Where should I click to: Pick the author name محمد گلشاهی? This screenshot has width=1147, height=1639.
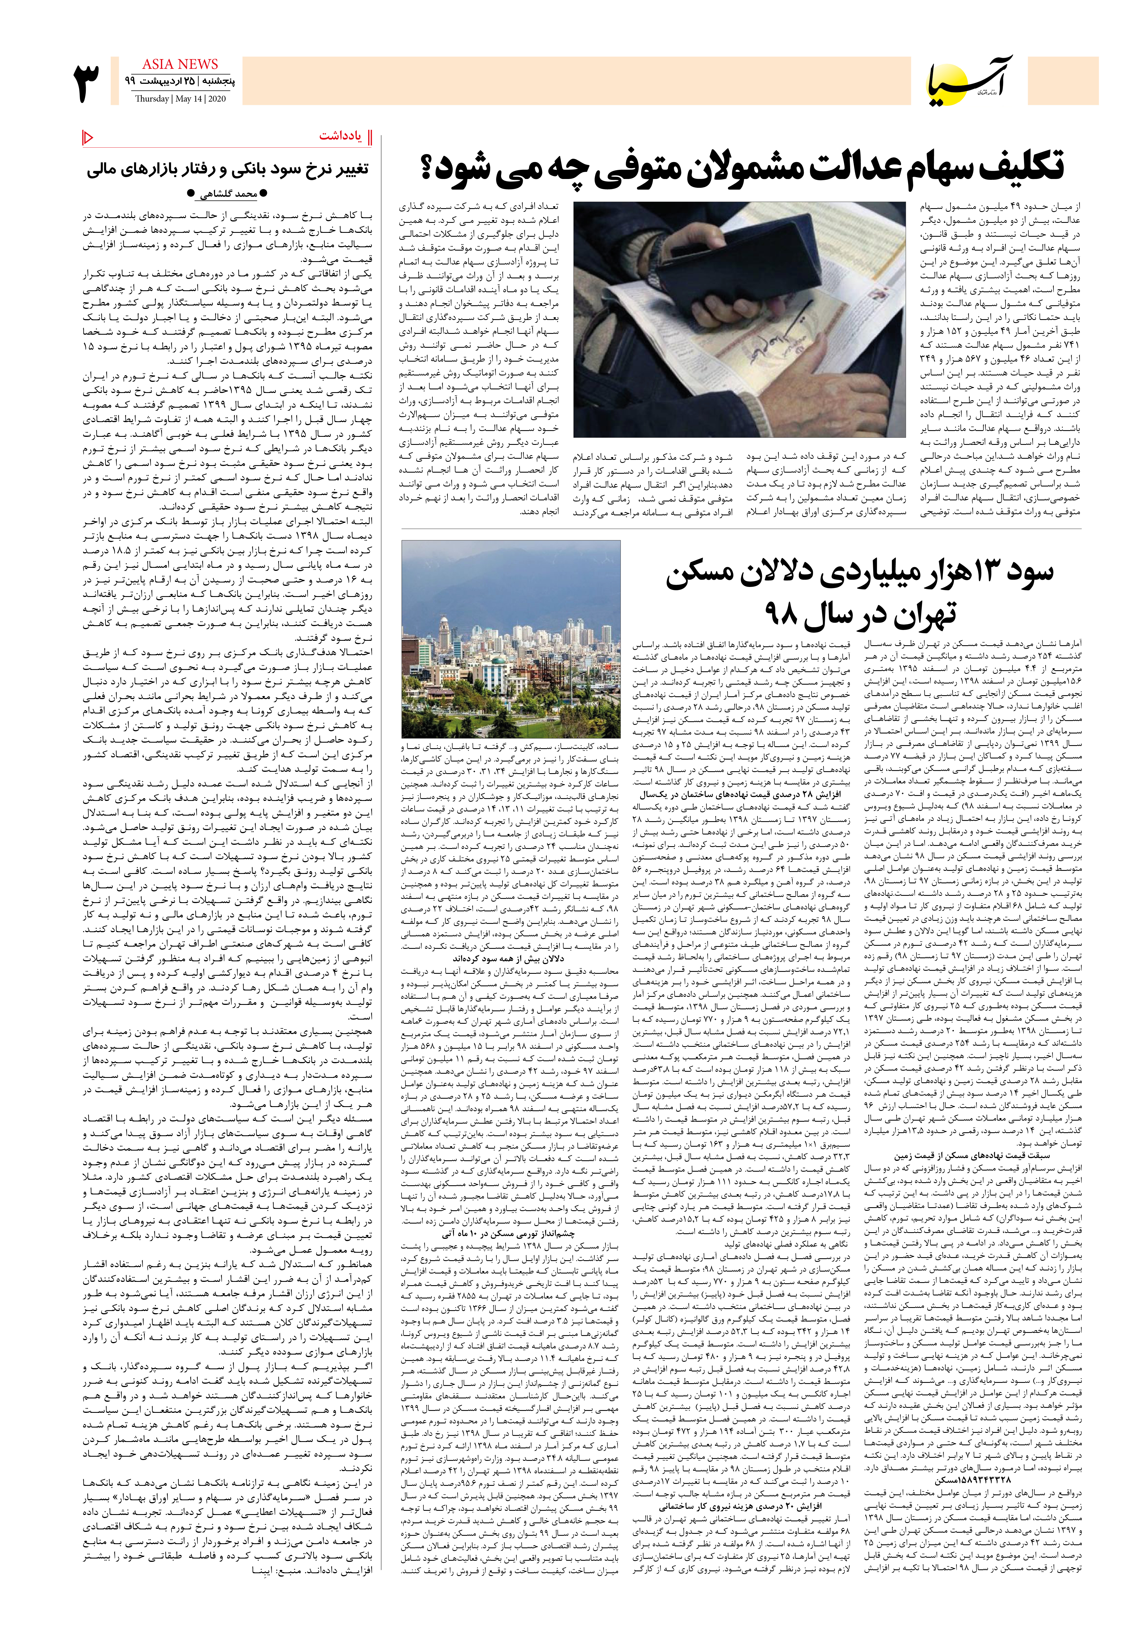pyautogui.click(x=227, y=193)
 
